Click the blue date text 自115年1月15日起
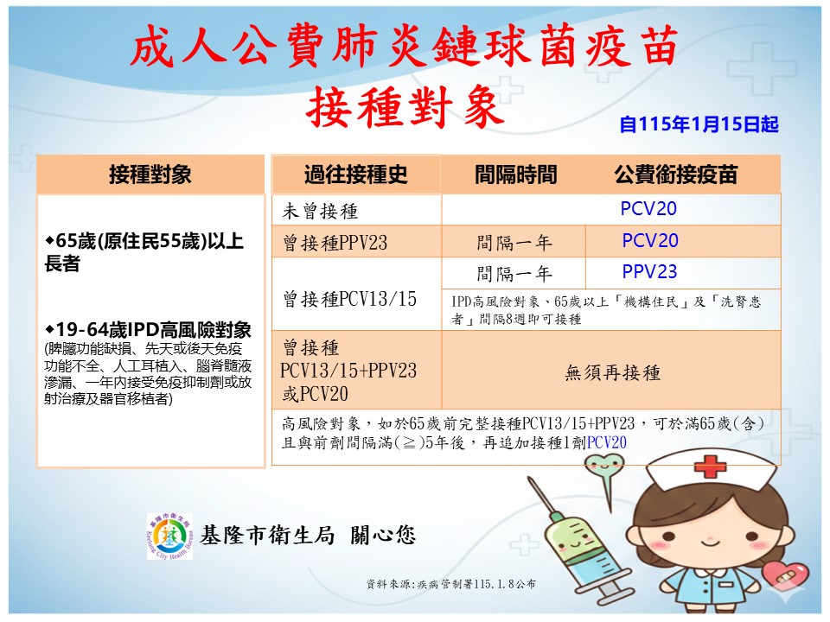coord(699,124)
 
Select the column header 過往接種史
coord(355,175)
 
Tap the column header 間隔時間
coord(515,175)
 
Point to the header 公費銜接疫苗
coord(676,175)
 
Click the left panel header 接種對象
coord(150,175)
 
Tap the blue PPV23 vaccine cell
coord(649,272)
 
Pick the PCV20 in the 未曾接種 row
coord(648,208)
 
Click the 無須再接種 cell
coord(612,373)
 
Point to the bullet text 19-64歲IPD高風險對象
coord(148,329)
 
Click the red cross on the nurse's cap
coord(710,467)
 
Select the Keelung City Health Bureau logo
coord(169,536)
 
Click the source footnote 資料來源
coord(451,584)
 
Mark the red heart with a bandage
coord(786,574)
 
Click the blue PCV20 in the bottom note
coord(607,442)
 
